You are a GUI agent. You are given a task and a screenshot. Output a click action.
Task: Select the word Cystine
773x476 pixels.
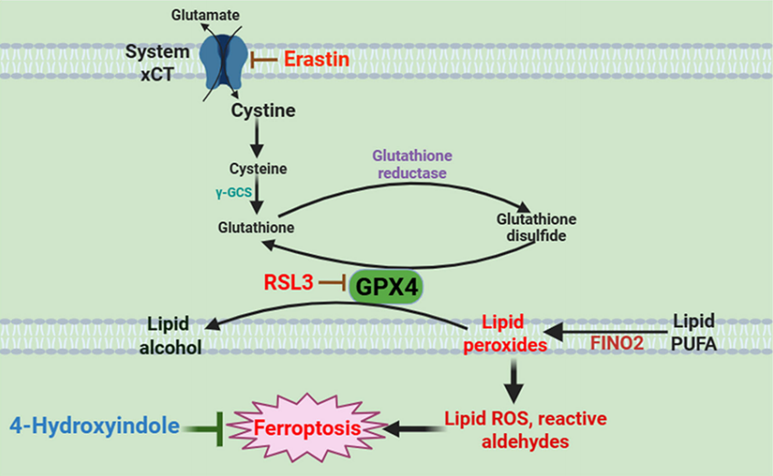click(262, 111)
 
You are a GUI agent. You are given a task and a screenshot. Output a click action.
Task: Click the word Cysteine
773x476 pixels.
click(259, 168)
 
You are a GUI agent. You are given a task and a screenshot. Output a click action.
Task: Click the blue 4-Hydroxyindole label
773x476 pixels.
click(95, 425)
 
